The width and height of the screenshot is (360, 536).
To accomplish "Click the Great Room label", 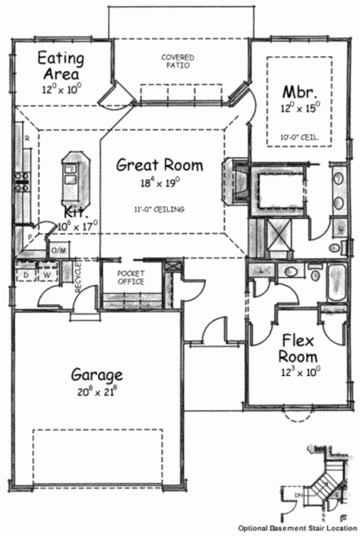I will pyautogui.click(x=160, y=165).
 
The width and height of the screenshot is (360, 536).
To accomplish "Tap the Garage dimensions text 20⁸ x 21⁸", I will pyautogui.click(x=97, y=392).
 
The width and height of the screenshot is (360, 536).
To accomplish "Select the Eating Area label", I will pyautogui.click(x=61, y=66).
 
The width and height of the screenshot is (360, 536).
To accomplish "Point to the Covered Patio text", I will pyautogui.click(x=178, y=61).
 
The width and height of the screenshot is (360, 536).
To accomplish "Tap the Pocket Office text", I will pyautogui.click(x=131, y=277).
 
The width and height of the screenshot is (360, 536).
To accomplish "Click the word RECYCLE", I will pyautogui.click(x=78, y=277).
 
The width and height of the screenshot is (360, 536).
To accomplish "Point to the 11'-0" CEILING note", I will pyautogui.click(x=159, y=209).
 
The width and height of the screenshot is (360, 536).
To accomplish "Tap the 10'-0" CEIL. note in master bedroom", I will pyautogui.click(x=300, y=138).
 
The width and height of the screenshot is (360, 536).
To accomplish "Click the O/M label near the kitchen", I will pyautogui.click(x=58, y=250).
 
